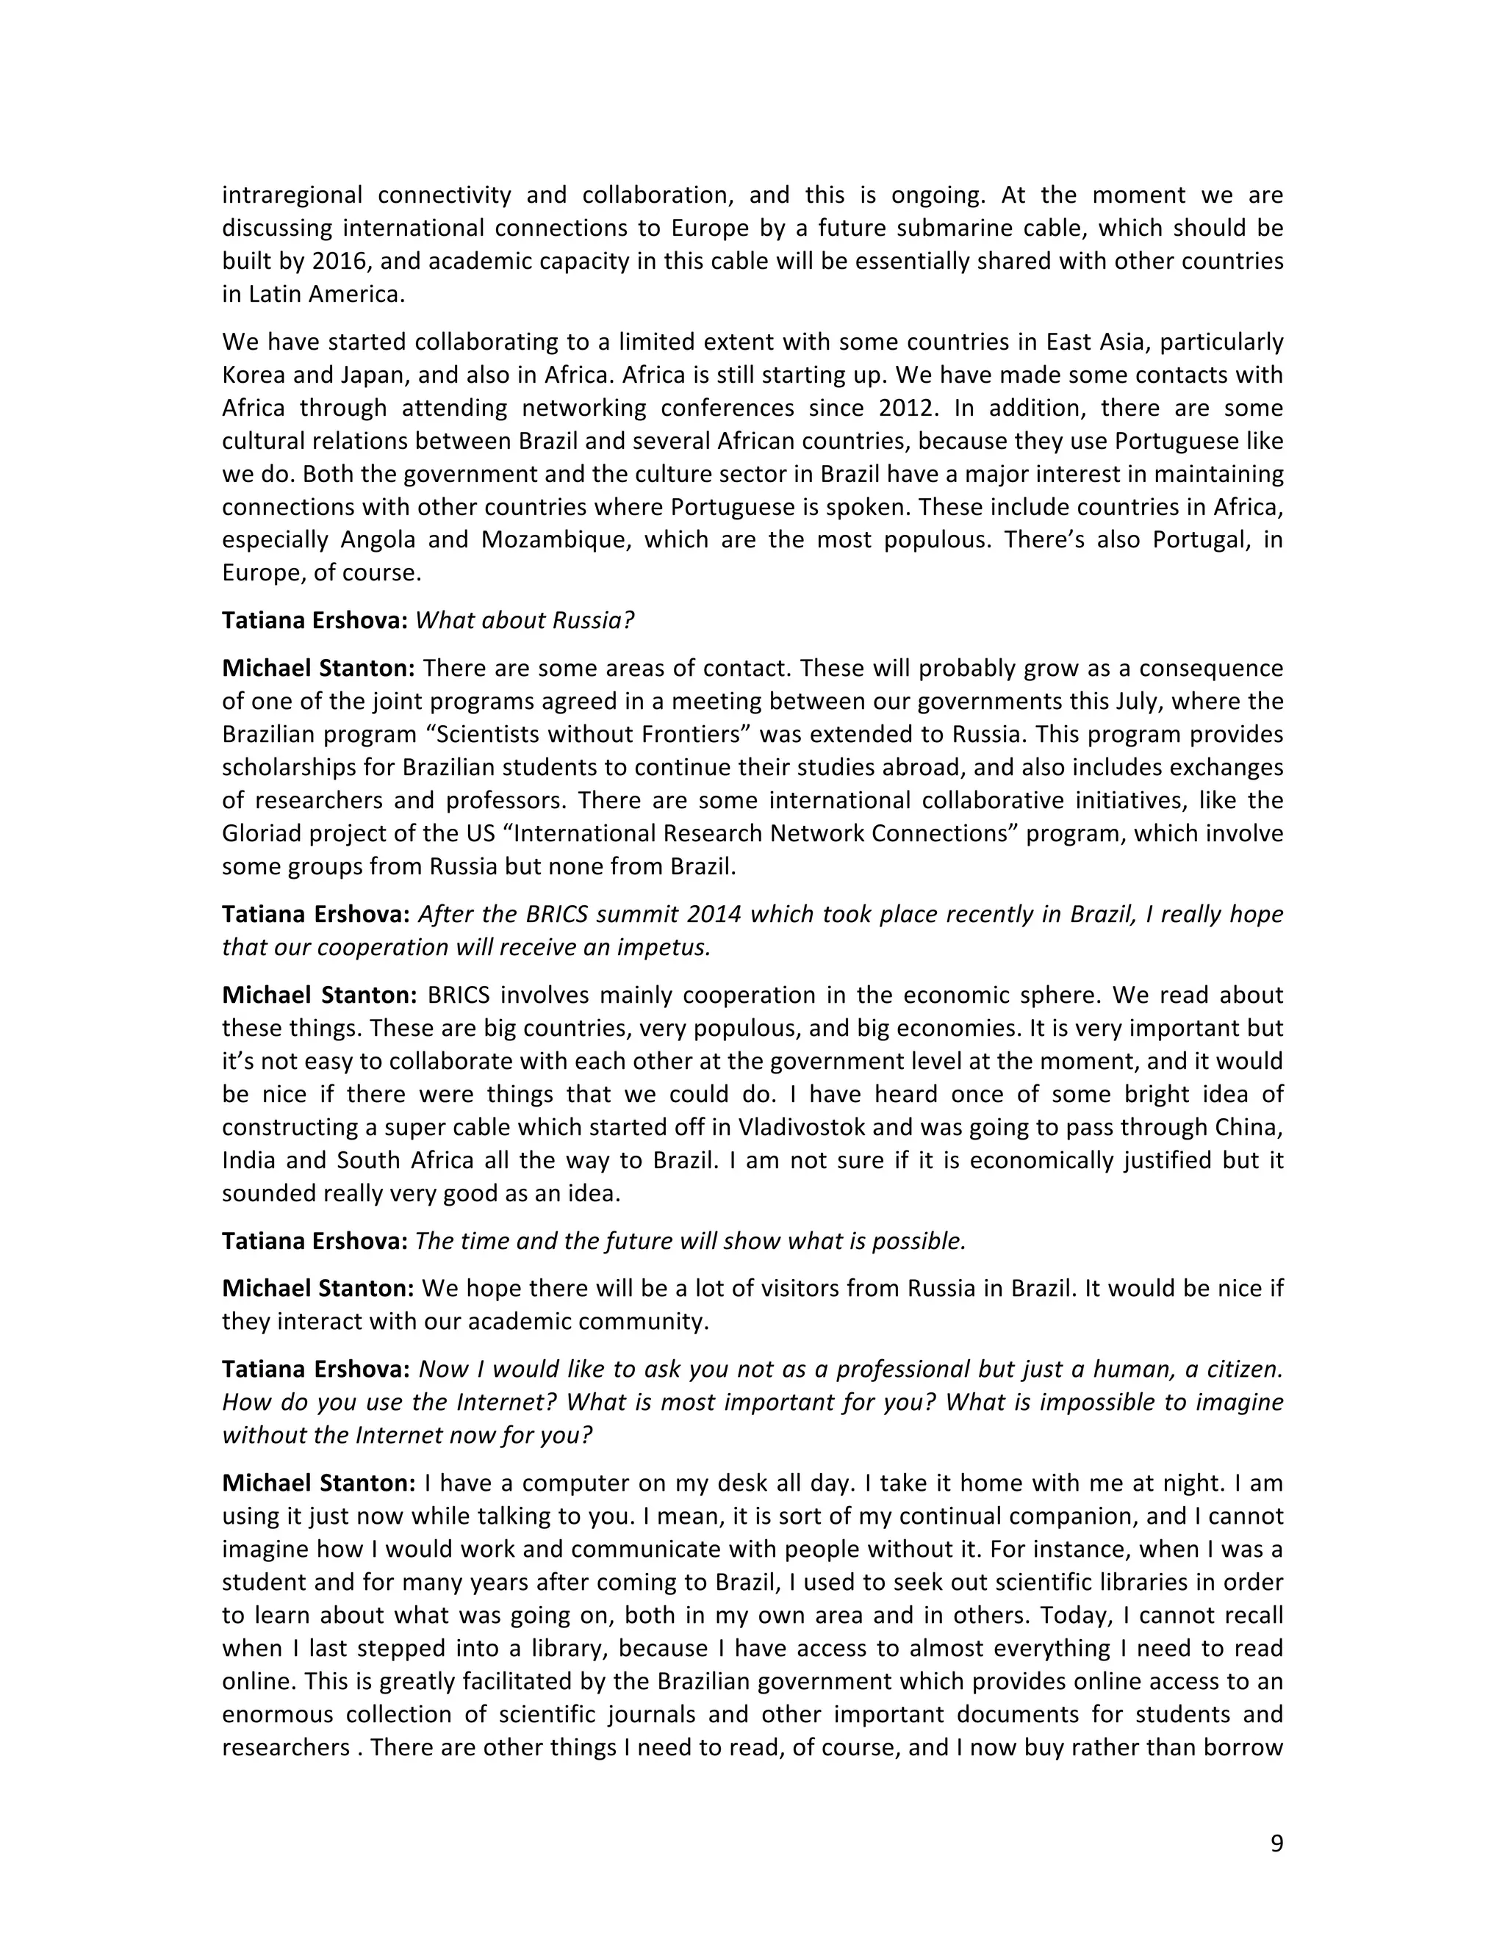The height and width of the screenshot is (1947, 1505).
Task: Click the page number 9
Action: click(1276, 1843)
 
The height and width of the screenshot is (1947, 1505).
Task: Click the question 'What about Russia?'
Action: click(524, 621)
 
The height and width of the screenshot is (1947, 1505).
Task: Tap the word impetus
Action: click(666, 947)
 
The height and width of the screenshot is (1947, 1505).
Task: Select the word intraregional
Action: click(292, 195)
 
